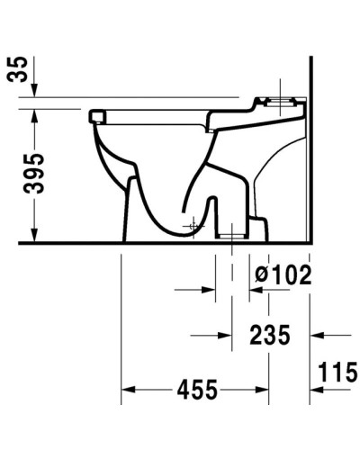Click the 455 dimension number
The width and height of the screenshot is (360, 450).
(197, 391)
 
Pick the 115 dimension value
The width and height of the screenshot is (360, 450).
(336, 371)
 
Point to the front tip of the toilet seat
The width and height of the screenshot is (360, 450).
(95, 116)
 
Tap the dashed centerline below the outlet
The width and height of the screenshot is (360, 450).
(231, 270)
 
